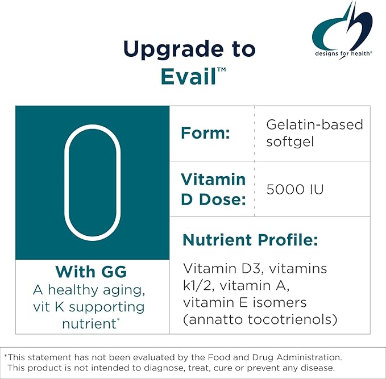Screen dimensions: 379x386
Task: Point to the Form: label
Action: [205, 134]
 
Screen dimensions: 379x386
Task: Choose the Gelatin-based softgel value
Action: [314, 132]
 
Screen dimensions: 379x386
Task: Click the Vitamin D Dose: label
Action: [213, 188]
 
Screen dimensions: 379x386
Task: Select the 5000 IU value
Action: [294, 189]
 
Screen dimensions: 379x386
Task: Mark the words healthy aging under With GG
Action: [96, 290]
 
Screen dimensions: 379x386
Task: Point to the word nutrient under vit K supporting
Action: [89, 324]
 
